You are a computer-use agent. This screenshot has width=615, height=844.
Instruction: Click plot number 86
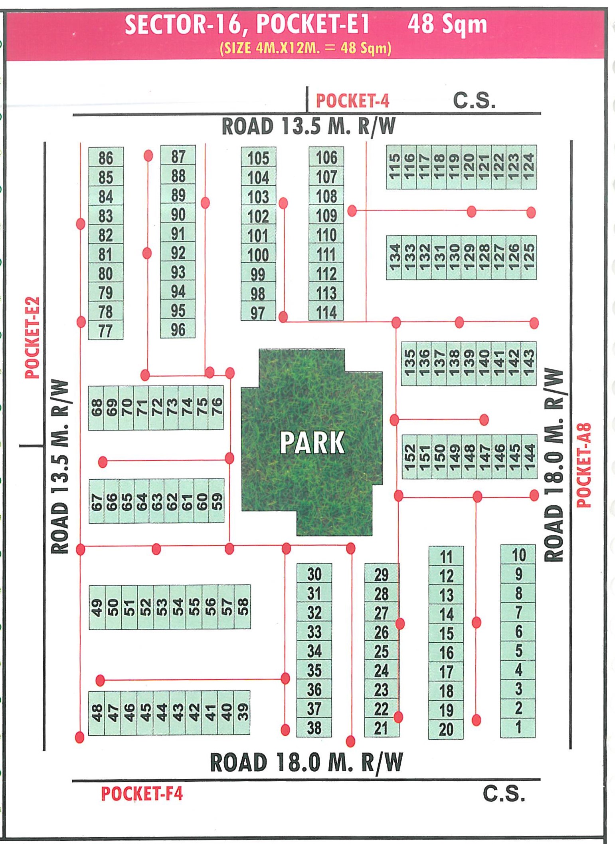tap(106, 158)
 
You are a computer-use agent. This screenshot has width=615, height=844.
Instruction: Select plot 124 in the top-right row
tap(528, 167)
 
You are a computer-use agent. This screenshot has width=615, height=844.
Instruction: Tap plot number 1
tap(518, 727)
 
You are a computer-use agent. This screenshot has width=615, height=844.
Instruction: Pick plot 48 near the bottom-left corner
tap(97, 713)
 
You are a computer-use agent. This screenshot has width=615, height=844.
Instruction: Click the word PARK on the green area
tap(312, 443)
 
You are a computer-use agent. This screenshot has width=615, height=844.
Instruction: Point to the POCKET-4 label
tap(352, 101)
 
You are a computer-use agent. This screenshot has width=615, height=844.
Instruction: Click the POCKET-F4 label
tap(142, 794)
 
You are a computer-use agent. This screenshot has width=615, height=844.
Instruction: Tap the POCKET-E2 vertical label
tap(33, 338)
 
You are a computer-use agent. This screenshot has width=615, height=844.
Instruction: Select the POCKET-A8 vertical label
tap(583, 465)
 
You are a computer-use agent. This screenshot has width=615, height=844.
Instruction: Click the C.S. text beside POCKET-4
tap(474, 100)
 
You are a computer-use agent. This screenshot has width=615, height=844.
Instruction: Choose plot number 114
tap(326, 312)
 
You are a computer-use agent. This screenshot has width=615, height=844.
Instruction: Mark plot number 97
tap(258, 313)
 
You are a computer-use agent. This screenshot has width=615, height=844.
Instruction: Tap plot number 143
tap(528, 363)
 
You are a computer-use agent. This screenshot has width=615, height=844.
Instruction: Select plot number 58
tap(243, 607)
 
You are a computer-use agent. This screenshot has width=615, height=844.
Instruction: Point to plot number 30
tap(314, 574)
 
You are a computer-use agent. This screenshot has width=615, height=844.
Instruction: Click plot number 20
tap(446, 729)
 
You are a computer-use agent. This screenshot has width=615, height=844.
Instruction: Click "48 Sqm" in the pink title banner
tap(447, 25)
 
